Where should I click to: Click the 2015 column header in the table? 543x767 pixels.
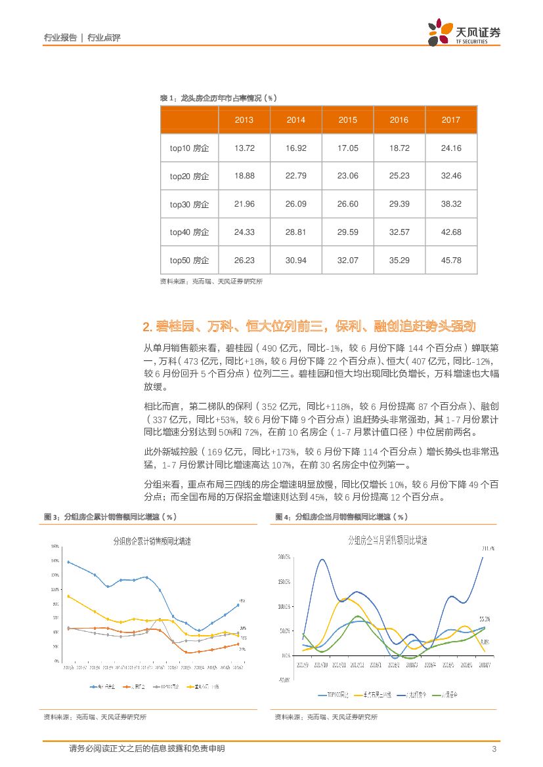(348, 120)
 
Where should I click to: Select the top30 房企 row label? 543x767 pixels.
(189, 205)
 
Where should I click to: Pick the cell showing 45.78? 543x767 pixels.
(451, 260)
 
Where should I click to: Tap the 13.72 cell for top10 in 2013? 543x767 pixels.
(244, 148)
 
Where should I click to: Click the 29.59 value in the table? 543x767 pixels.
(348, 232)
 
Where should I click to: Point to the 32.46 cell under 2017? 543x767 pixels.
(451, 176)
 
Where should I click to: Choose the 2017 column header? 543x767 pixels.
(451, 120)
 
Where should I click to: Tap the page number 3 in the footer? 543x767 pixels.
(493, 749)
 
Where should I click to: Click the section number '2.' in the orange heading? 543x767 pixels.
(147, 327)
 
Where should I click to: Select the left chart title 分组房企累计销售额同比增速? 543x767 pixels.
(152, 541)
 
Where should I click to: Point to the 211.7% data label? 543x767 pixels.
(489, 548)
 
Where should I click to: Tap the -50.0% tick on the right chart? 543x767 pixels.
(284, 680)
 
